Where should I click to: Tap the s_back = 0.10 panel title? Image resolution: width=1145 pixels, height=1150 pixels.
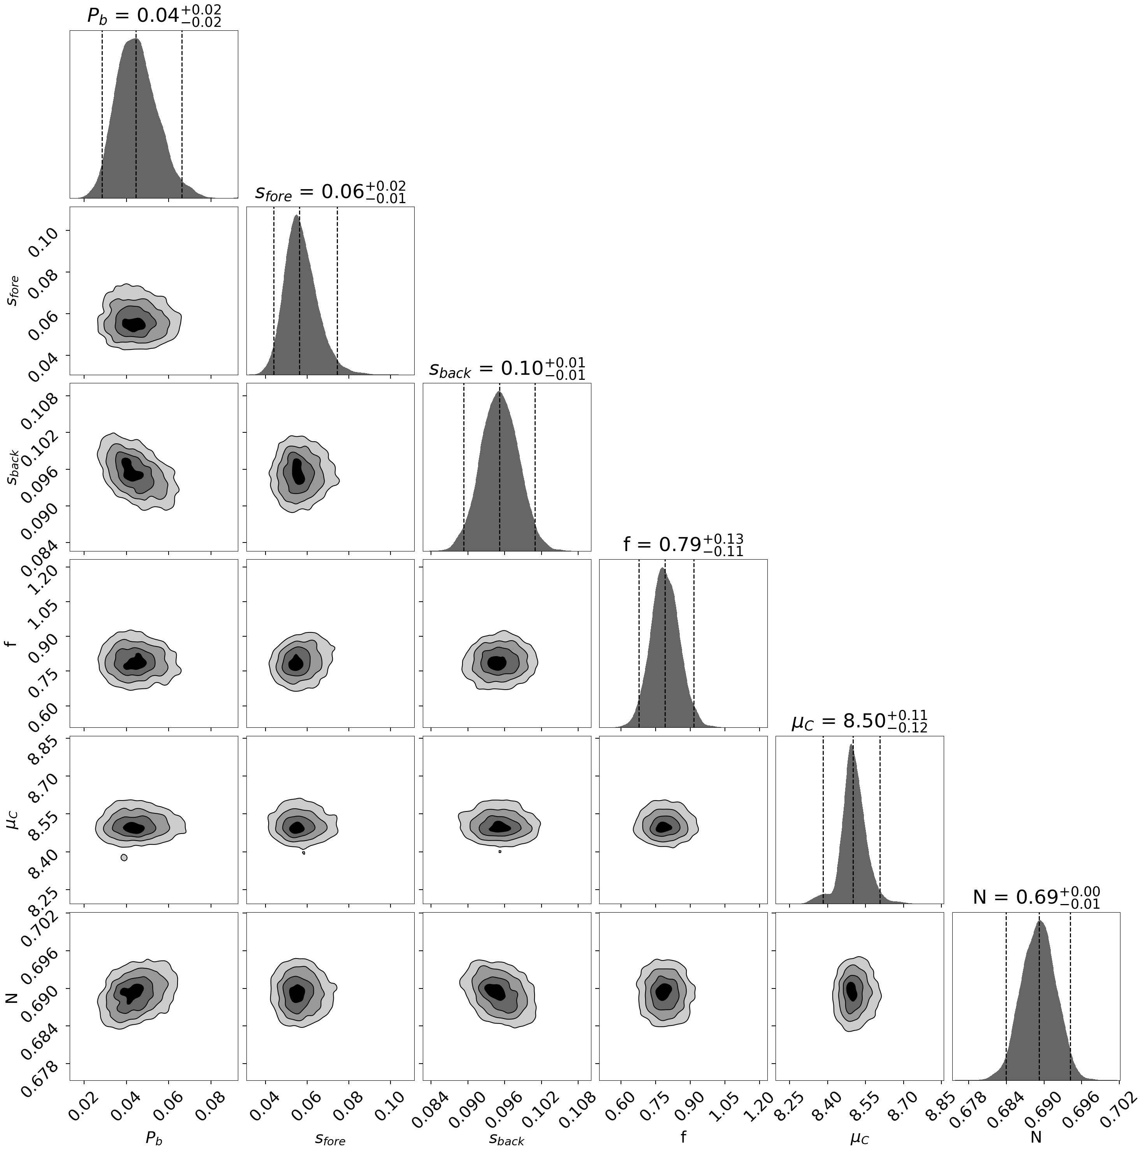click(507, 369)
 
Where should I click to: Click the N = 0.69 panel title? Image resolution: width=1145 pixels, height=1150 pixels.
click(1036, 897)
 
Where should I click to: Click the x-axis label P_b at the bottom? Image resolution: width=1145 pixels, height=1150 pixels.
click(154, 1138)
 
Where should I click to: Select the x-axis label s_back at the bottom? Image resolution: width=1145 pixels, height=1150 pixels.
click(507, 1138)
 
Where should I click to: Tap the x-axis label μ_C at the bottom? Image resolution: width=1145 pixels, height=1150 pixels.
click(859, 1138)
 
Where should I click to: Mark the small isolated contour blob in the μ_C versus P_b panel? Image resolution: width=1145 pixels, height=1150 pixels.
click(124, 858)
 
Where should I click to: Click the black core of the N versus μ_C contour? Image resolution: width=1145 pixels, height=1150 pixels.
click(852, 991)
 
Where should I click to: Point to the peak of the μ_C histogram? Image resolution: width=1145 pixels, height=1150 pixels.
click(851, 745)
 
